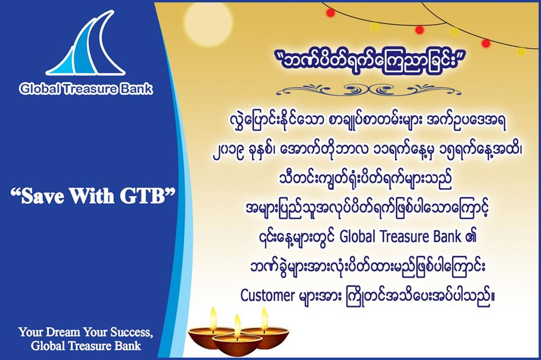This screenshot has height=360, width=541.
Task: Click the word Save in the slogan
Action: [41, 196]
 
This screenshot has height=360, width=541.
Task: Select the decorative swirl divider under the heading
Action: [368, 91]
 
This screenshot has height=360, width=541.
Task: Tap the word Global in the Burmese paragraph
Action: [357, 237]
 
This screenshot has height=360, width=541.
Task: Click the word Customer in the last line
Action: [267, 296]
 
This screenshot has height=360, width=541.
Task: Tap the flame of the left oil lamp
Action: [214, 315]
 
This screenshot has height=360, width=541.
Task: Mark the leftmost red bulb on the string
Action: [331, 13]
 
